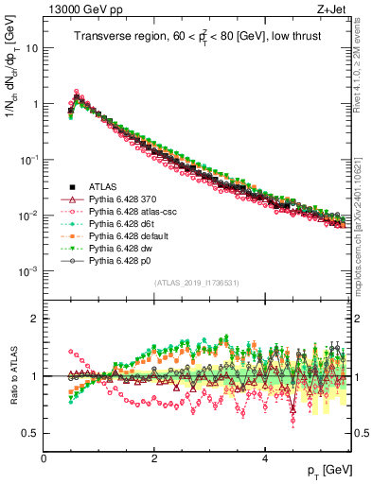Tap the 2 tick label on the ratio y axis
click(35, 319)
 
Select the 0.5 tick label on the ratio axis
click(31, 433)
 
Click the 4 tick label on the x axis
click(264, 458)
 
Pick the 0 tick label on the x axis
click(44, 458)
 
